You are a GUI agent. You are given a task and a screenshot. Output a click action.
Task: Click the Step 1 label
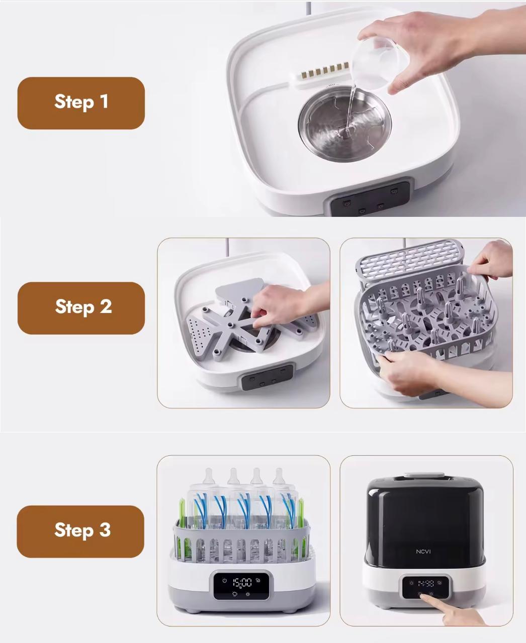click(x=81, y=103)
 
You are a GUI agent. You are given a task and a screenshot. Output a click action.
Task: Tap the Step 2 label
click(x=81, y=308)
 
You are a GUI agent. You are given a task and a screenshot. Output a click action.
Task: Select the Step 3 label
click(x=80, y=531)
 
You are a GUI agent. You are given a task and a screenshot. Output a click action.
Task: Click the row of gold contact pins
click(x=325, y=70)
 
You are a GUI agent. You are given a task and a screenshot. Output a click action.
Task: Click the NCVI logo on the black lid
click(x=423, y=552)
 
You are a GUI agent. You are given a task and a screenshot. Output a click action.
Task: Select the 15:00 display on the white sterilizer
click(x=242, y=583)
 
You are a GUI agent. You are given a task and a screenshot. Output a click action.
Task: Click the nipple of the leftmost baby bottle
click(x=209, y=477)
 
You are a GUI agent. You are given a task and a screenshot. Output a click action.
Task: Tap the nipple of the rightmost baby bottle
click(x=279, y=477)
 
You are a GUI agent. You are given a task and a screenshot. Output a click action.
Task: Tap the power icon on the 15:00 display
click(x=224, y=581)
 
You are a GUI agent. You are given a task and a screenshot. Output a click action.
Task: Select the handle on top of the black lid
click(x=424, y=475)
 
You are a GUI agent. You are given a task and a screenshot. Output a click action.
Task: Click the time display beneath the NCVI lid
click(x=426, y=583)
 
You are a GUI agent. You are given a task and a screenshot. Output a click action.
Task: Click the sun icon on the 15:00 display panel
click(x=247, y=594)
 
